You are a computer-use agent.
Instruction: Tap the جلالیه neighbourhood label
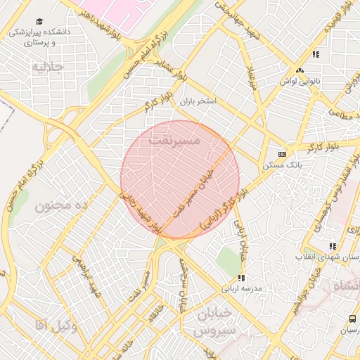click(x=48, y=67)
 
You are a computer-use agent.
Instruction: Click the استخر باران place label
click(x=198, y=102)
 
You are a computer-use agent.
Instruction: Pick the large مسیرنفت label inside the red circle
click(x=175, y=141)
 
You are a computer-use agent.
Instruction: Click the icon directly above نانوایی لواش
click(x=300, y=70)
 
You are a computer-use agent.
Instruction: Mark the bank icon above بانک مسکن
click(x=282, y=154)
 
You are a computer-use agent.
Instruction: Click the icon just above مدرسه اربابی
click(x=241, y=278)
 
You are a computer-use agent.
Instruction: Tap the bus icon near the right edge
click(x=352, y=320)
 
